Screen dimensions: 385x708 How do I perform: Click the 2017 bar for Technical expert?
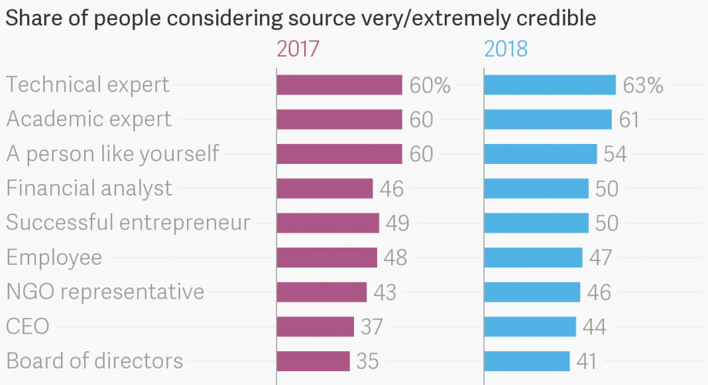(339, 85)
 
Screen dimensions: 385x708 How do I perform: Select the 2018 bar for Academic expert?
(548, 119)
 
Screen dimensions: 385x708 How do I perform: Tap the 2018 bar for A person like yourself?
(540, 154)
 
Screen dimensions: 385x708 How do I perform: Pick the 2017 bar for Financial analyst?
(324, 189)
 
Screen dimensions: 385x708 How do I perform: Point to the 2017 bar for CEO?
(315, 327)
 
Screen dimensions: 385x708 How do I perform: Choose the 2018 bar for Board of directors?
(526, 361)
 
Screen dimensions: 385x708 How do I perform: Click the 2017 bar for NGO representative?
(322, 292)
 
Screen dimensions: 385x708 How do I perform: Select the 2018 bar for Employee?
(533, 258)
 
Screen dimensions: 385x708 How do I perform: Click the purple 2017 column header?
(298, 49)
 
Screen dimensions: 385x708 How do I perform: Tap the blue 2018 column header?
(506, 49)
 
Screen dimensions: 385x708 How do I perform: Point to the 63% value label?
(643, 86)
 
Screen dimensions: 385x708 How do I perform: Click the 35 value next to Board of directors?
(367, 361)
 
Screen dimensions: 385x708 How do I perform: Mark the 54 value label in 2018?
(615, 154)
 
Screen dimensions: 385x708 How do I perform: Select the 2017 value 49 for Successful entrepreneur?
(397, 223)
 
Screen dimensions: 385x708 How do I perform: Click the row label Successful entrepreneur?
(128, 222)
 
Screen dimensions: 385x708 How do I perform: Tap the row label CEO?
(28, 327)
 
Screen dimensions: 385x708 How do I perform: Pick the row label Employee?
(54, 258)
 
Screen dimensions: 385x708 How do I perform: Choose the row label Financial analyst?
(89, 189)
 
